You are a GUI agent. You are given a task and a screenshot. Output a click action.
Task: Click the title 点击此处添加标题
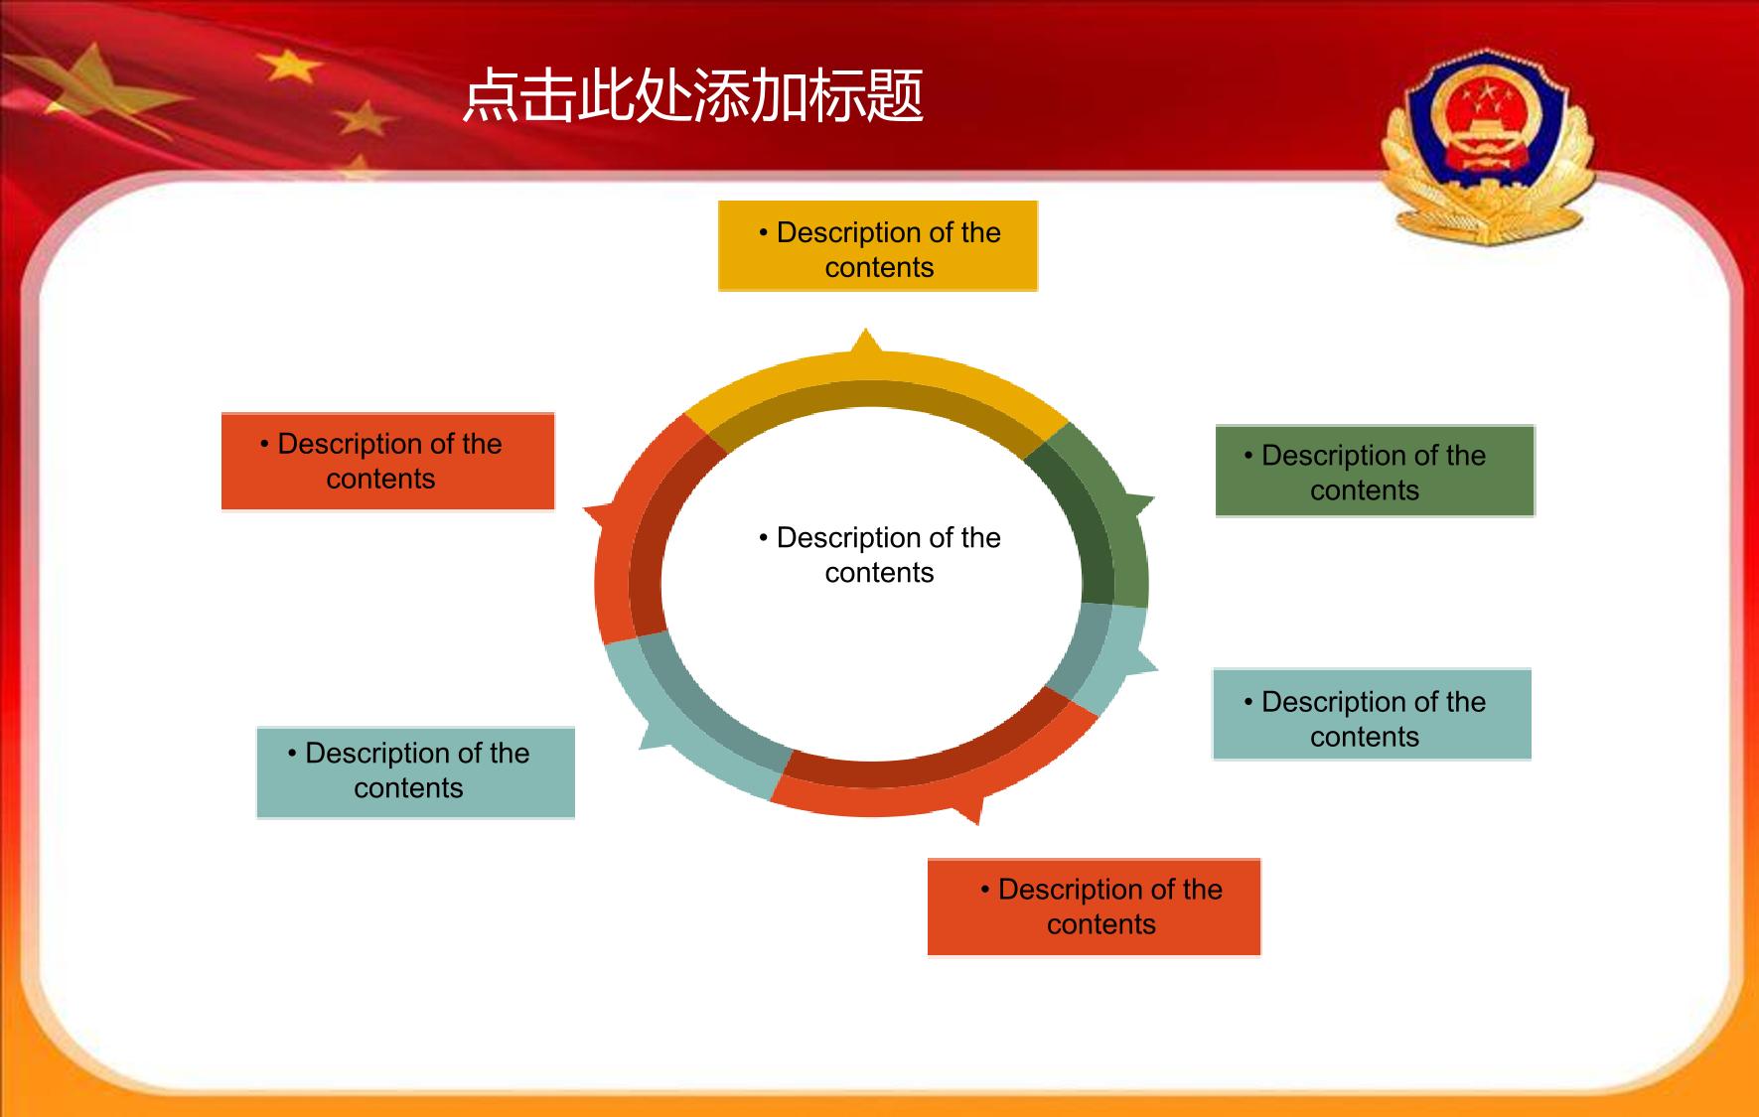[693, 96]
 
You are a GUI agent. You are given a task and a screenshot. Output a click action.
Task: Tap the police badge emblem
[1487, 147]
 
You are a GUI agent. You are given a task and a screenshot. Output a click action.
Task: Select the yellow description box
[878, 246]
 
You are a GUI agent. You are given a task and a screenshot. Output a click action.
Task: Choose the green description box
[1375, 471]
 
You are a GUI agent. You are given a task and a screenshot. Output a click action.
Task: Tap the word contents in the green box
[1365, 490]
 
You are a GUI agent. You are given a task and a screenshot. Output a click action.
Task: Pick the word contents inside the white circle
[879, 573]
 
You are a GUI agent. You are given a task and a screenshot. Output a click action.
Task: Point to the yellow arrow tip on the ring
[866, 331]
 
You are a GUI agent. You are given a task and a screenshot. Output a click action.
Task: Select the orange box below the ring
[1094, 907]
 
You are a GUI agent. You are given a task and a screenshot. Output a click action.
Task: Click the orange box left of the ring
[387, 462]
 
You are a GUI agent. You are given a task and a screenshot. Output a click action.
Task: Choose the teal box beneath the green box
[1372, 715]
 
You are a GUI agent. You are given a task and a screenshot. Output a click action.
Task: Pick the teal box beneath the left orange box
[415, 772]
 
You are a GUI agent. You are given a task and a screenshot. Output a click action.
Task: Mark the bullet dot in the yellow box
[763, 233]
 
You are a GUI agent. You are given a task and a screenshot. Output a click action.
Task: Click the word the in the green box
[1466, 456]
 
